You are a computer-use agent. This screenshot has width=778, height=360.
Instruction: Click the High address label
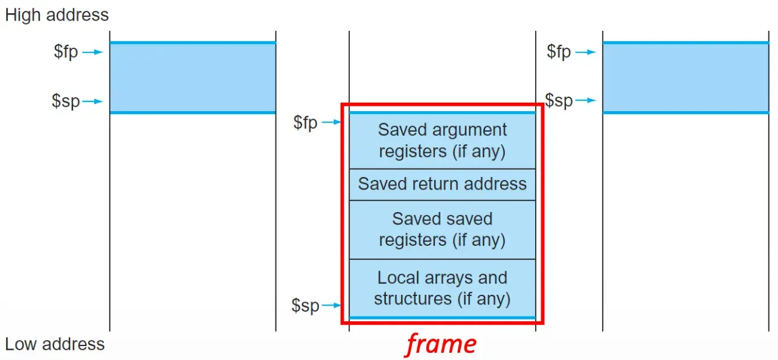[x=57, y=15]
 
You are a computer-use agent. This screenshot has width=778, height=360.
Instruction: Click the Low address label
[x=55, y=344]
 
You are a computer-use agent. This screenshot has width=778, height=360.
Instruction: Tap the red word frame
[x=441, y=344]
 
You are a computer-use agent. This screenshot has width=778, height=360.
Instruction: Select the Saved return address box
[x=442, y=184]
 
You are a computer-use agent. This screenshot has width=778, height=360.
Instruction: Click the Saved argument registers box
[x=442, y=140]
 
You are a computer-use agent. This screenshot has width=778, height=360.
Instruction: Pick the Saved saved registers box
[x=442, y=229]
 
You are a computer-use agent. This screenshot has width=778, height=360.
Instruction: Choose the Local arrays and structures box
[x=442, y=288]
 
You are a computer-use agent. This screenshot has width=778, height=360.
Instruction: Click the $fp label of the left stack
[x=66, y=52]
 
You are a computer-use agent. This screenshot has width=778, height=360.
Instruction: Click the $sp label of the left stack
[x=66, y=101]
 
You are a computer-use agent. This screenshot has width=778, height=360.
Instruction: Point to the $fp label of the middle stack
[x=305, y=123]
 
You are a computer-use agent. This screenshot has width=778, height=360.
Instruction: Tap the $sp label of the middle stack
[x=305, y=306]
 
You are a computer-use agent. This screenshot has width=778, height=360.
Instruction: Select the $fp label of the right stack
[x=559, y=52]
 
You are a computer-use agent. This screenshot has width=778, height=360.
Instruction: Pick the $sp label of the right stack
[x=559, y=100]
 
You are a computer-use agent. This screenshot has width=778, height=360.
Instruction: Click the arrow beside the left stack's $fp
[x=93, y=53]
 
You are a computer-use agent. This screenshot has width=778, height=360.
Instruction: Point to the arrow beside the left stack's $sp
[x=93, y=101]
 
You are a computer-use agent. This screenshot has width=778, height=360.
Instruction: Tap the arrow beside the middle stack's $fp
[x=332, y=123]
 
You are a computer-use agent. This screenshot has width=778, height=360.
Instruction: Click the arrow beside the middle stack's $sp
[x=332, y=306]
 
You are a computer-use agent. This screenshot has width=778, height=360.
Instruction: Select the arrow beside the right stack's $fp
[x=585, y=53]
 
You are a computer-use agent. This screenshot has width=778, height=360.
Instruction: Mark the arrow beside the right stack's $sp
[x=585, y=101]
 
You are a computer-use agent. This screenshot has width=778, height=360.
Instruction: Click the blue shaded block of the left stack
[x=192, y=77]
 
